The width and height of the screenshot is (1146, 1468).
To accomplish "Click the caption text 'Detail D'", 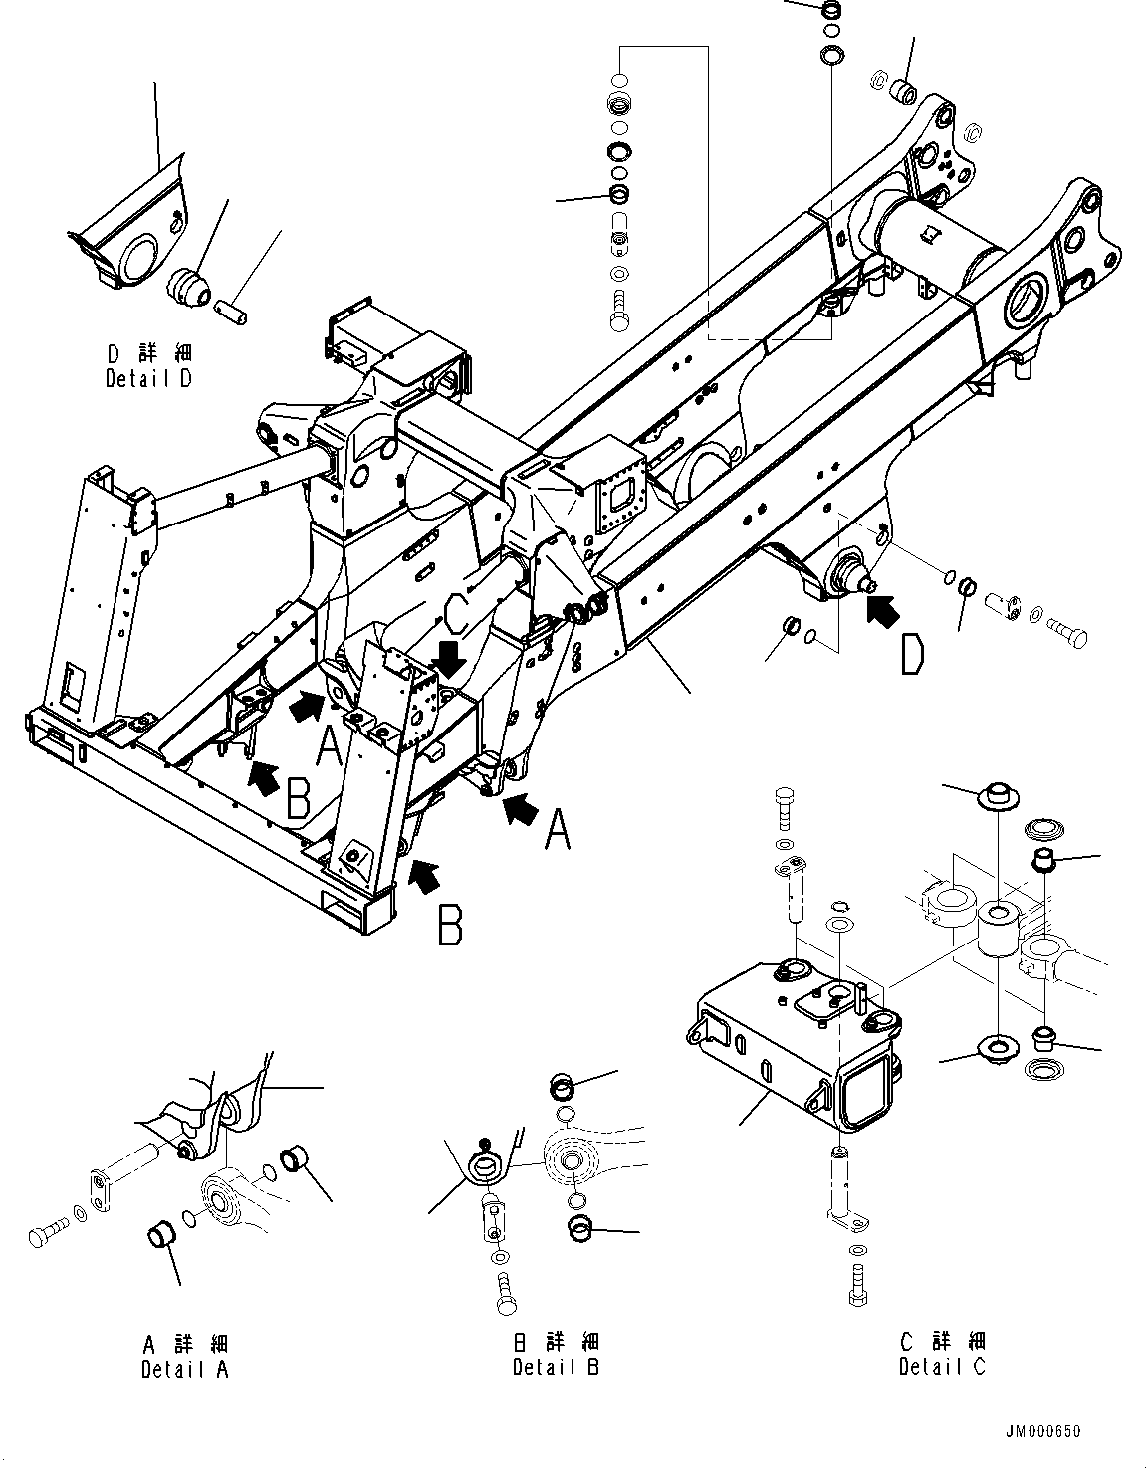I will pos(148,379).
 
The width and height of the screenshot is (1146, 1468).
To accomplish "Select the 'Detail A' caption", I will pos(184,1369).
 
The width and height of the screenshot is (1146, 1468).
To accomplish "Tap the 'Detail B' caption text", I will pos(556,1367).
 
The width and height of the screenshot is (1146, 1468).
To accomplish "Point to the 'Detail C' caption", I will pos(942,1367).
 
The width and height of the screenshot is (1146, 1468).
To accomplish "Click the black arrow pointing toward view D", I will pos(880,609).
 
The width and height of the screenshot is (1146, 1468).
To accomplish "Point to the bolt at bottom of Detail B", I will pos(505,1292).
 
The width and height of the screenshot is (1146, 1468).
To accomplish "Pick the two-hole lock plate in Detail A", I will pos(104,1190).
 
